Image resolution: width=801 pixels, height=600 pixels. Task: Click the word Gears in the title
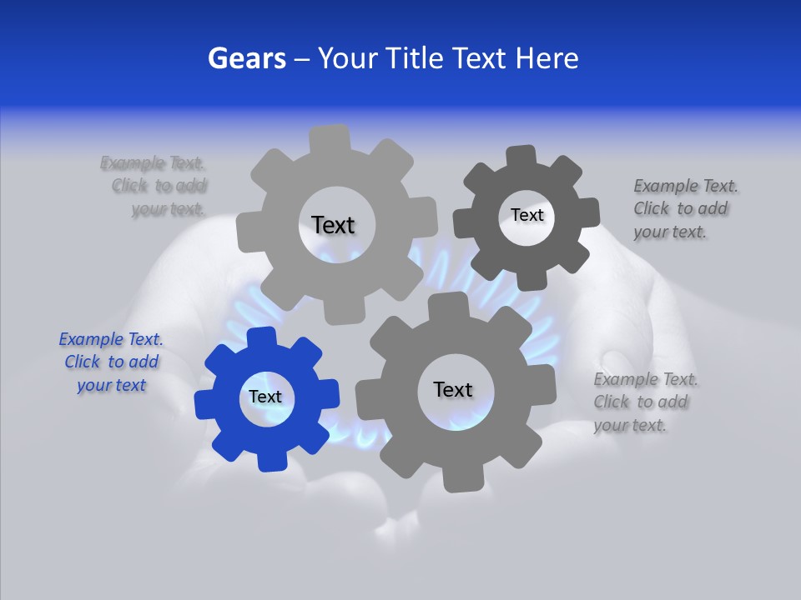(246, 58)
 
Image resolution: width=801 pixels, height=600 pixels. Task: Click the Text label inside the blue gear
(265, 397)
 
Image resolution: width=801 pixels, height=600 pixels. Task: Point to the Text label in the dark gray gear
(526, 215)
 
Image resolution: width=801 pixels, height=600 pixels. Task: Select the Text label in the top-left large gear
(333, 225)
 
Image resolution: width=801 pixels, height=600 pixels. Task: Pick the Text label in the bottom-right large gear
(453, 389)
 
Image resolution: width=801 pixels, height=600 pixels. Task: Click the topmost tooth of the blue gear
(261, 337)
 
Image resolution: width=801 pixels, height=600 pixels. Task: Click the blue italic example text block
(111, 362)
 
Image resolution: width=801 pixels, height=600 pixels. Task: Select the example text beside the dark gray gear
(685, 209)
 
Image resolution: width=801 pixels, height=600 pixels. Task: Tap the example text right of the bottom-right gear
(644, 402)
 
